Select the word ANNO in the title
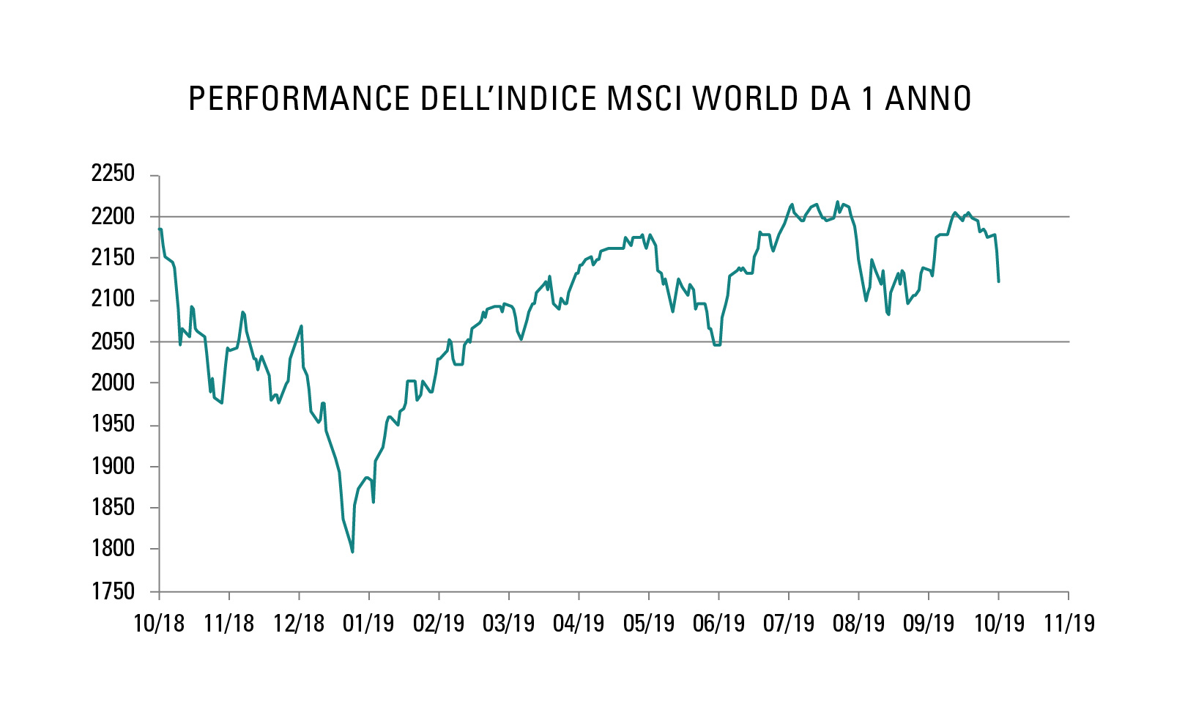(928, 99)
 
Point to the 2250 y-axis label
(113, 174)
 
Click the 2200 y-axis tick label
(113, 216)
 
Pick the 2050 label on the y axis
(113, 341)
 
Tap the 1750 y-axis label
(113, 591)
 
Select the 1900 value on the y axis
(113, 466)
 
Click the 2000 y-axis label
(113, 382)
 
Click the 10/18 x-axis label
(159, 624)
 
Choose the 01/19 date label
(368, 624)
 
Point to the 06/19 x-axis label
(718, 624)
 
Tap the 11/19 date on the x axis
(1069, 624)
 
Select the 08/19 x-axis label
(858, 624)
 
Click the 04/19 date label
(579, 624)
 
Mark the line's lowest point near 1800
(352, 552)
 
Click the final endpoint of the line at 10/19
(998, 281)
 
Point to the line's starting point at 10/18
(160, 229)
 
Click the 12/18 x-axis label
(299, 624)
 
